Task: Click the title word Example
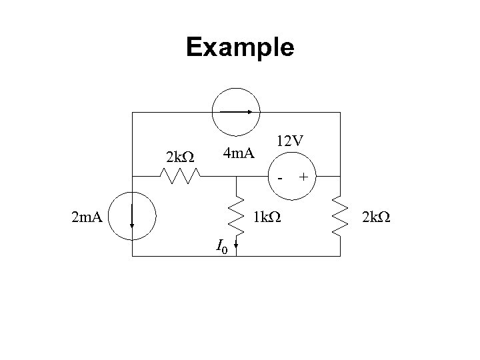[240, 48]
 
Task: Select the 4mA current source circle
[236, 113]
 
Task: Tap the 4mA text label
[239, 155]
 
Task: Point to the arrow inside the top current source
[236, 113]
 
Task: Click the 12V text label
[291, 141]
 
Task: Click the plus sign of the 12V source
[304, 177]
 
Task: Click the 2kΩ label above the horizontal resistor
[179, 158]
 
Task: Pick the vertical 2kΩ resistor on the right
[340, 216]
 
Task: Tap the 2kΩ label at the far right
[377, 216]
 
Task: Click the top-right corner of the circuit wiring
[340, 113]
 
